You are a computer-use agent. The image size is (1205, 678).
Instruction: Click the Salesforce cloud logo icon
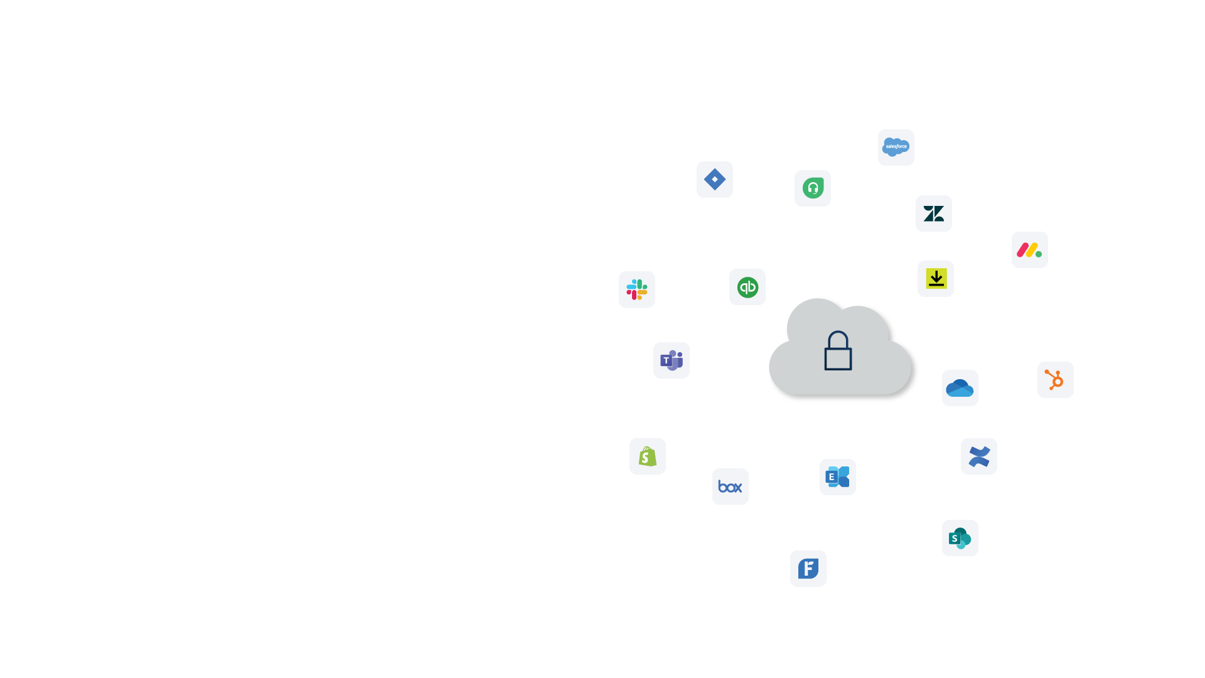(896, 148)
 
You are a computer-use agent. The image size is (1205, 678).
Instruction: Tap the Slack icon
(636, 289)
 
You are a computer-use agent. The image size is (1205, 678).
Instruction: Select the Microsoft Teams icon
(672, 360)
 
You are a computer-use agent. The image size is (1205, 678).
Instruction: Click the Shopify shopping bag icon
(647, 456)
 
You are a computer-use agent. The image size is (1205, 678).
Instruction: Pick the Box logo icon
(730, 487)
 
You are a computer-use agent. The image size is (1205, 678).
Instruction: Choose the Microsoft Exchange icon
(838, 477)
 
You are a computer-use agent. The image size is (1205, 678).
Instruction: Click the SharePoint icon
(960, 538)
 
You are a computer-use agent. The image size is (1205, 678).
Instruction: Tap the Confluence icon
(978, 456)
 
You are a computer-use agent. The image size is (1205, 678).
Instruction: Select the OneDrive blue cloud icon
(960, 388)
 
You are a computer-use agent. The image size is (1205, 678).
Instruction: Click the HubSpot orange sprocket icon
(1055, 380)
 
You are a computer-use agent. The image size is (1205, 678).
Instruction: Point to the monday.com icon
(1029, 250)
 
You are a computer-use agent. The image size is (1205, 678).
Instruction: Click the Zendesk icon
(933, 214)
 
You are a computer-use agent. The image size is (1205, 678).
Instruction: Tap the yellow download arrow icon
(936, 279)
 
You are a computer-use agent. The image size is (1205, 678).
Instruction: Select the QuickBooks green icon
(747, 288)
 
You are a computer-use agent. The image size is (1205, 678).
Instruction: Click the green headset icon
(813, 188)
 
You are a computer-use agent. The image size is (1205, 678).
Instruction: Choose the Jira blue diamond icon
(714, 180)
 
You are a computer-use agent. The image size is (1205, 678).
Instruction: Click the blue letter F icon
(808, 569)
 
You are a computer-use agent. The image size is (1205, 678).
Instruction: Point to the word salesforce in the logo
(896, 146)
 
